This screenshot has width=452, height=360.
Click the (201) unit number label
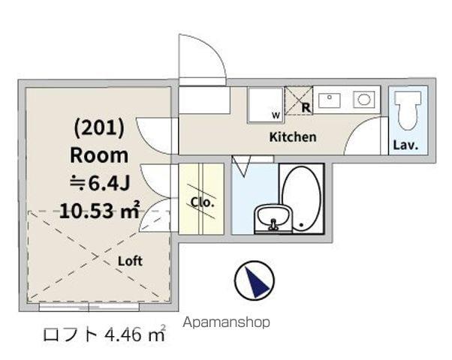pos(98,127)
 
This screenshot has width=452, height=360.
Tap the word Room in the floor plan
pos(98,155)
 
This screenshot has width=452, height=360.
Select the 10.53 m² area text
pos(99,210)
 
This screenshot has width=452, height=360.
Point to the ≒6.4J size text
pos(98,183)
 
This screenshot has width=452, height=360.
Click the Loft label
pos(129,261)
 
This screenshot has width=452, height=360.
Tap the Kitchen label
pos(292,137)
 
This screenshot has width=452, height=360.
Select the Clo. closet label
pos(202,202)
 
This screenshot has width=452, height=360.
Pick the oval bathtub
pos(302,198)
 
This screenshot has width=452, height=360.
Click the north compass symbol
pos(254,282)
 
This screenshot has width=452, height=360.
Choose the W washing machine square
pos(266,103)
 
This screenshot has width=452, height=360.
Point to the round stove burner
pos(363,99)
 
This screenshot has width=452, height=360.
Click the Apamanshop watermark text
pos(226,322)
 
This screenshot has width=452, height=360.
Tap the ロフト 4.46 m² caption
pos(104,334)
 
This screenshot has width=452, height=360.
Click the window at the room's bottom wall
pos(89,307)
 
